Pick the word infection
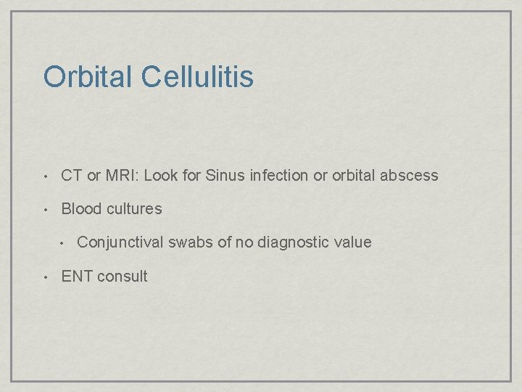coord(275,175)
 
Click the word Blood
coord(81,209)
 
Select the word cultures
coord(134,209)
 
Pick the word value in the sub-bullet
coord(353,242)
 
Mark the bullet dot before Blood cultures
coord(45,210)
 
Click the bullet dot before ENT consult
coord(45,277)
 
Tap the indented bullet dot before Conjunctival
coord(64,243)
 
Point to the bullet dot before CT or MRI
coord(45,176)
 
